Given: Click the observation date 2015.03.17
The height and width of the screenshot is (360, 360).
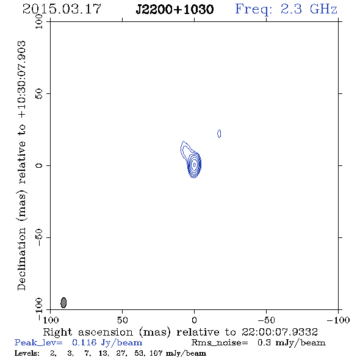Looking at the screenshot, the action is click(62, 9).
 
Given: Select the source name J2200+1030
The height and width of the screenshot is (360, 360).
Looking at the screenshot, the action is click(175, 9).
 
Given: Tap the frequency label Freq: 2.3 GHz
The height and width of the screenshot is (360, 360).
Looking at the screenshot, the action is click(286, 9).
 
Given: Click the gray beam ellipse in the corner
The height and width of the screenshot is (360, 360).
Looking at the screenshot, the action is click(63, 303).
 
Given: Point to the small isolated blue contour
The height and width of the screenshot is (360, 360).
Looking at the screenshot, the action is click(219, 134).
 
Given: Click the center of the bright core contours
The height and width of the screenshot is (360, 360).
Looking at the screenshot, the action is click(195, 165).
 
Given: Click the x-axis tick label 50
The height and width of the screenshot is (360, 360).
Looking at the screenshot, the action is click(122, 320).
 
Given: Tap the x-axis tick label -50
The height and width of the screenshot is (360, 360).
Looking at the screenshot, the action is click(266, 320).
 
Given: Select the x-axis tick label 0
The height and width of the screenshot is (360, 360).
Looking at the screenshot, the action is click(194, 320).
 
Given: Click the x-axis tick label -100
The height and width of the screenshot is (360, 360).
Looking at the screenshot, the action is click(338, 320).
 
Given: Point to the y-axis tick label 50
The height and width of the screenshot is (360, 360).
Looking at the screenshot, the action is click(39, 94).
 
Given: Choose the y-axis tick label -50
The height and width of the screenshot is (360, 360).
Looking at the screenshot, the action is click(39, 237).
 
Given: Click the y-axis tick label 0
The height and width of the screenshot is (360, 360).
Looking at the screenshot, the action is click(39, 165).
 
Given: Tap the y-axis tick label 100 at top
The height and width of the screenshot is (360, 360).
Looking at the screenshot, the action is click(39, 21).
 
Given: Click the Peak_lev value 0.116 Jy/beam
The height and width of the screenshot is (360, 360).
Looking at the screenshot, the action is click(107, 342).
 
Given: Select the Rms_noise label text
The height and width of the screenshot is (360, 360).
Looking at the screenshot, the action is click(220, 343).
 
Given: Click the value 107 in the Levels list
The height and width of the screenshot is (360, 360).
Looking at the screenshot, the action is click(156, 353).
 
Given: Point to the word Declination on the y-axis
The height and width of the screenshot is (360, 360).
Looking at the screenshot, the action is click(21, 259).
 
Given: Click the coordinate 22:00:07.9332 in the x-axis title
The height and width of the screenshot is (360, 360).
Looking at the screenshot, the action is click(279, 332).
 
